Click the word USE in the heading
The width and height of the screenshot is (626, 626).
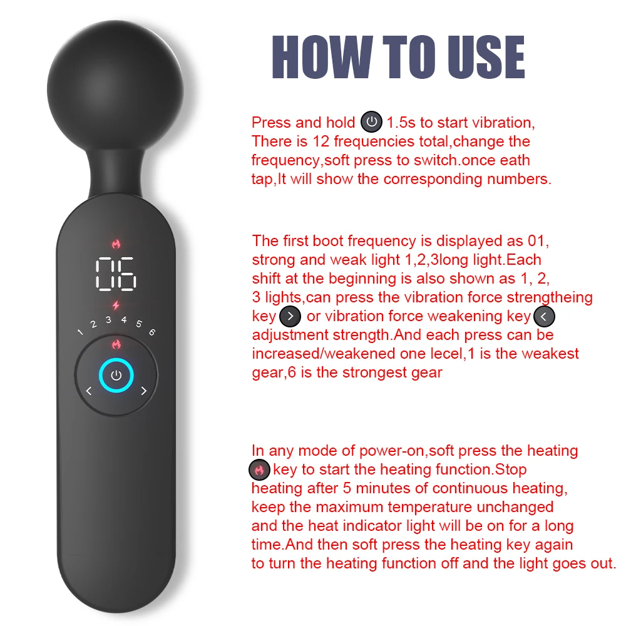[486, 57]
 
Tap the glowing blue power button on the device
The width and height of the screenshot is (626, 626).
[116, 375]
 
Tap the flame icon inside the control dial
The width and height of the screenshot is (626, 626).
[116, 344]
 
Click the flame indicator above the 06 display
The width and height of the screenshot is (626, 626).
[116, 244]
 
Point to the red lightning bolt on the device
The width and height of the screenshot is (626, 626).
[116, 305]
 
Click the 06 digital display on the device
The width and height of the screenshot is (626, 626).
[116, 274]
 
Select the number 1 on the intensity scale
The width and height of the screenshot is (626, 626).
[80, 332]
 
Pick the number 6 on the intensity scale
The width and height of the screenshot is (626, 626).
[152, 332]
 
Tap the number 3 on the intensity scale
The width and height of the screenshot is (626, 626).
[108, 320]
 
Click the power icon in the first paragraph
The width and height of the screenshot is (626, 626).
[371, 122]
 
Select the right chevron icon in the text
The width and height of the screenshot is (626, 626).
[290, 317]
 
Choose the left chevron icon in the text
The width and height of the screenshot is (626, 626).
[544, 317]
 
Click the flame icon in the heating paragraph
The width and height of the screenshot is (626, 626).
[260, 470]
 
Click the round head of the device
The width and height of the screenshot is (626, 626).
[115, 89]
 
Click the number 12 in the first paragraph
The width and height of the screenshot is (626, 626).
[321, 141]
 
